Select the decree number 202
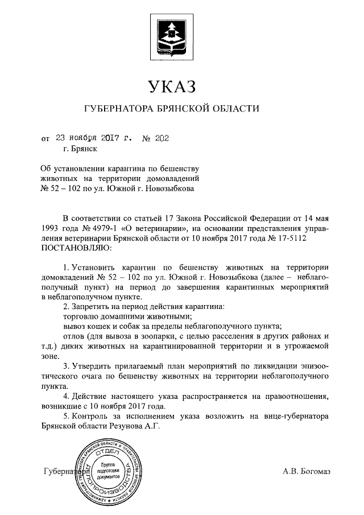pyautogui.click(x=162, y=138)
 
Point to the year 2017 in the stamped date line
pyautogui.click(x=113, y=138)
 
